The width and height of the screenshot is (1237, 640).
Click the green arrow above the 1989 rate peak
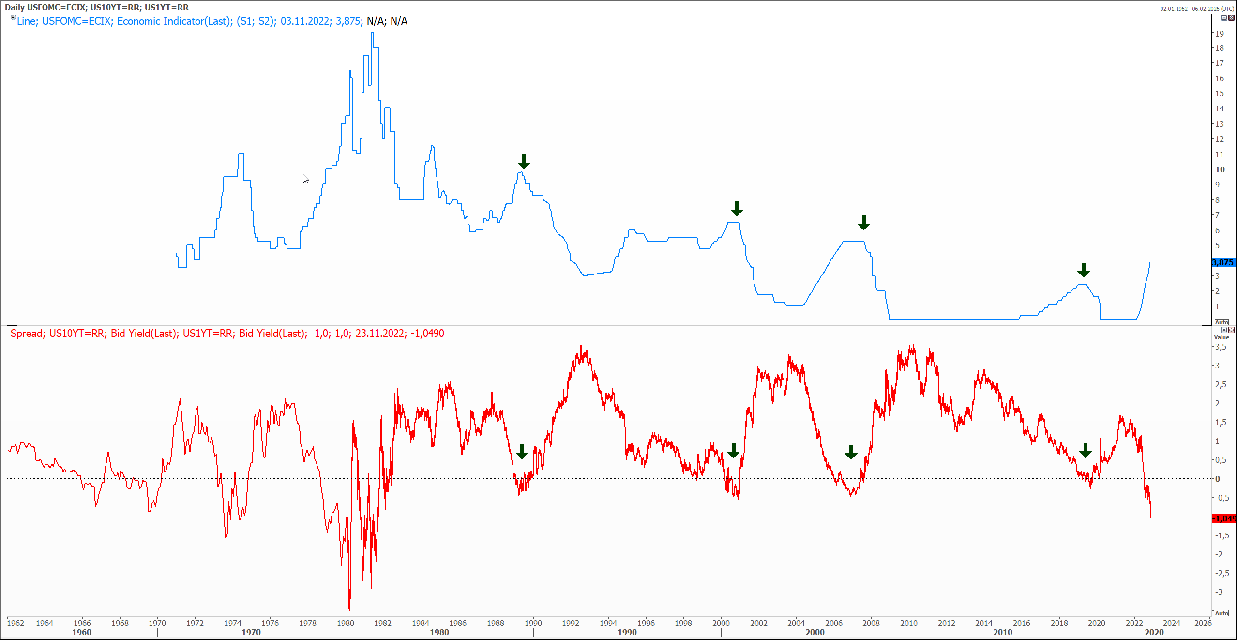(524, 162)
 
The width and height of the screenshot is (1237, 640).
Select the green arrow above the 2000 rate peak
(737, 209)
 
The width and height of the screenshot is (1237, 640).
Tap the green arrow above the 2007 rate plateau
(863, 223)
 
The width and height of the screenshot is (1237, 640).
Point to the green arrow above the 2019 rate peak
(1084, 270)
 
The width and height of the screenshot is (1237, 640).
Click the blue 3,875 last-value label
(1222, 262)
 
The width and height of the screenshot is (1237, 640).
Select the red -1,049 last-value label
(1224, 518)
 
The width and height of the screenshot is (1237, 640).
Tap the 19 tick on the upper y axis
(1219, 34)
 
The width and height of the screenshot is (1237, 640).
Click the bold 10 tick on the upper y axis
(1220, 169)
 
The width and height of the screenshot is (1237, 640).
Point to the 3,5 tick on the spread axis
(1220, 347)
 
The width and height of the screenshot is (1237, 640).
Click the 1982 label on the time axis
(383, 623)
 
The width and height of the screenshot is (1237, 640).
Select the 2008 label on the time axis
(871, 623)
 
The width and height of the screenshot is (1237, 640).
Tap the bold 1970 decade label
(251, 632)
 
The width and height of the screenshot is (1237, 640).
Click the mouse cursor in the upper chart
(305, 178)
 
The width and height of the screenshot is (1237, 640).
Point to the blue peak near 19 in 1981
(372, 33)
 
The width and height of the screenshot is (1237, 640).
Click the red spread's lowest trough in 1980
(349, 609)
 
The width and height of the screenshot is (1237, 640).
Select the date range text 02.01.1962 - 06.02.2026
(1197, 9)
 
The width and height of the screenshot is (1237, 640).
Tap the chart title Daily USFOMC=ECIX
(45, 7)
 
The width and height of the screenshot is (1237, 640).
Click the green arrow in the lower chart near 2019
(1085, 450)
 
